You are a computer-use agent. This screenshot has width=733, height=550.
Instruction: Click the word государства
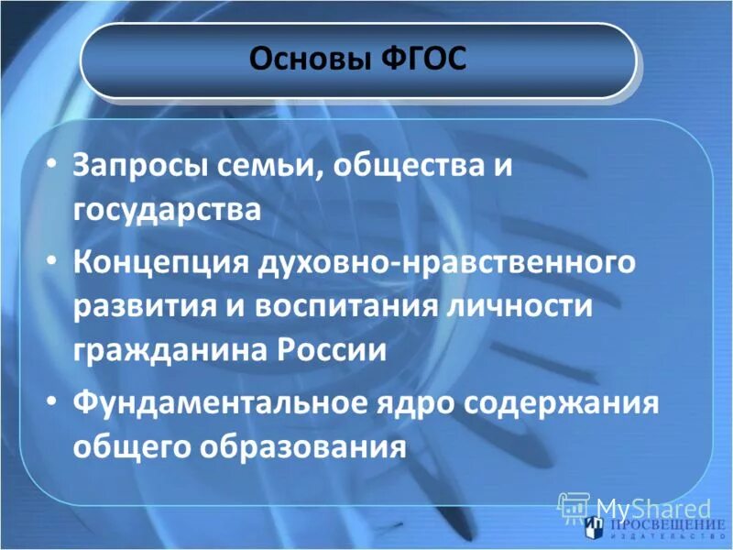(x=167, y=209)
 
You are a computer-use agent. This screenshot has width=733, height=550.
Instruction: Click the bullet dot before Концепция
(x=51, y=260)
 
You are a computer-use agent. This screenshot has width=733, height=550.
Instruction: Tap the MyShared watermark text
(x=652, y=507)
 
